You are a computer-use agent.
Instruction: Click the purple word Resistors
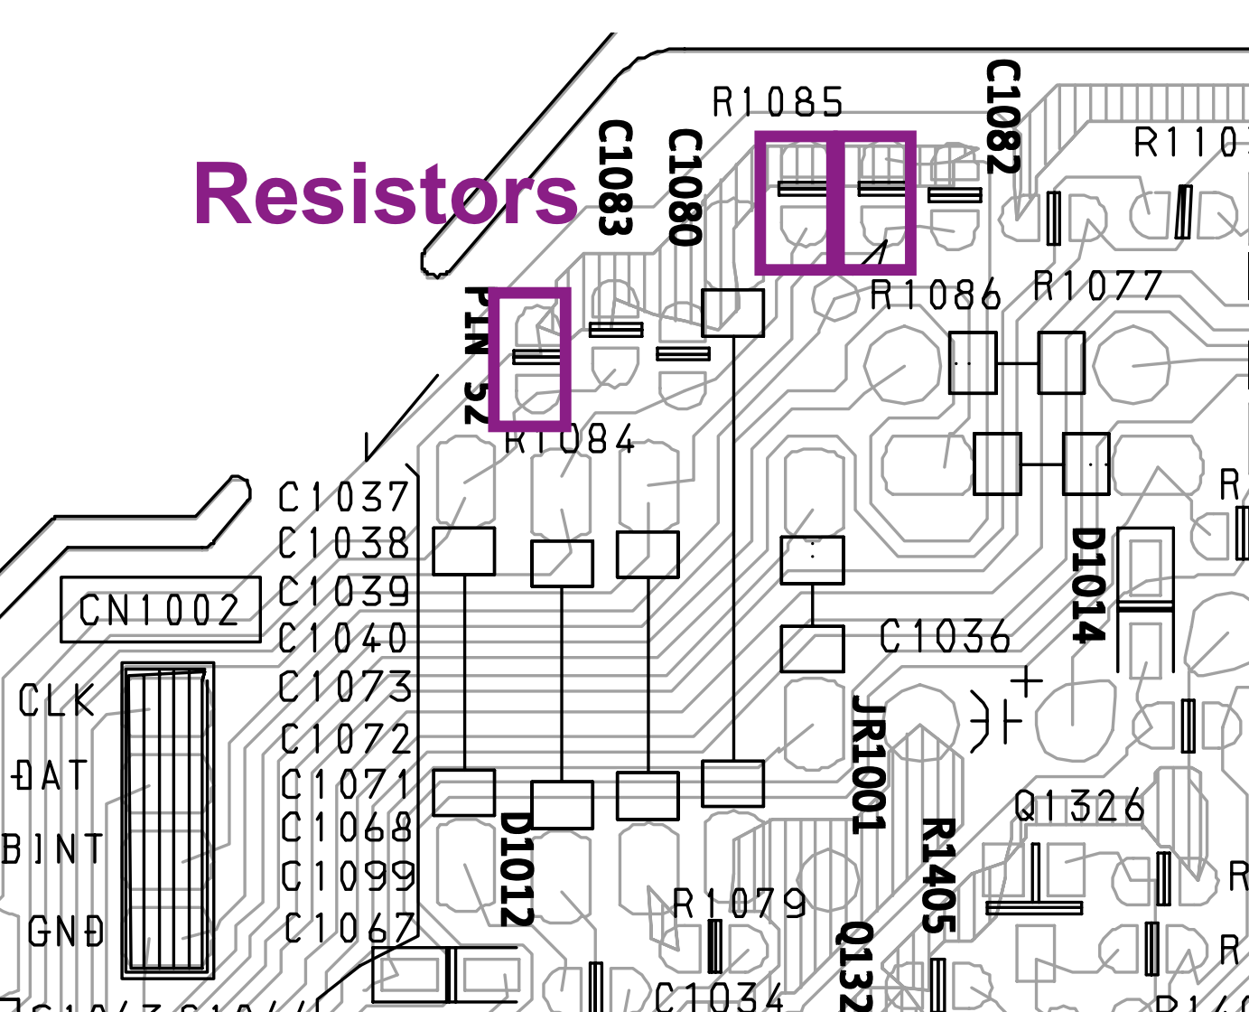tap(386, 193)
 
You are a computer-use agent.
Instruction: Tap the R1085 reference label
tap(778, 102)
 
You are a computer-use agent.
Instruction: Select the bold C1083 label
tap(615, 178)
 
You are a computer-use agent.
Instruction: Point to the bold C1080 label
tap(685, 187)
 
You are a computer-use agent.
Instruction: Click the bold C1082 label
tap(1002, 116)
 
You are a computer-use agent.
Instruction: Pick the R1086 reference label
tap(936, 295)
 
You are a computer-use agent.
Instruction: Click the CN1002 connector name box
tap(160, 610)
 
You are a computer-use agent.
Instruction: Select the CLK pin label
tap(57, 700)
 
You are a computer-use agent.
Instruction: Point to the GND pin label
tap(66, 932)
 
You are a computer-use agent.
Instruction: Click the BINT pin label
tap(53, 849)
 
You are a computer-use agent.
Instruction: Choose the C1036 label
tap(945, 637)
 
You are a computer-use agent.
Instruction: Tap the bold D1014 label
tap(1088, 585)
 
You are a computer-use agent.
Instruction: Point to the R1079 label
tap(740, 902)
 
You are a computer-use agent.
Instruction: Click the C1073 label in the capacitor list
tap(345, 688)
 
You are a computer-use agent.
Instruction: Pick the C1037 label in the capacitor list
tap(343, 497)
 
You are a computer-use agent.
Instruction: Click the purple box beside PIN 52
tap(530, 359)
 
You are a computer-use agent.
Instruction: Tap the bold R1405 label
tap(938, 875)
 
